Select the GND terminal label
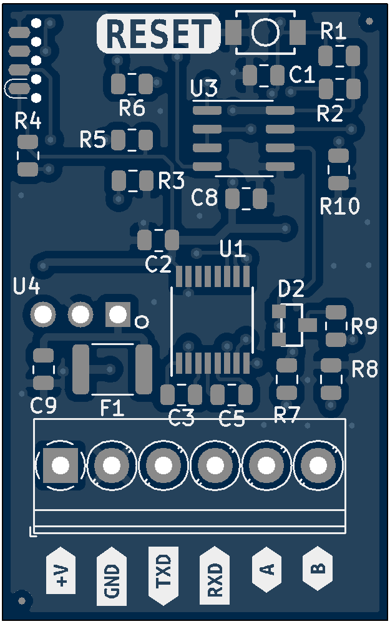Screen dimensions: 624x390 tap(112, 577)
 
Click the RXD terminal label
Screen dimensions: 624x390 tap(214, 577)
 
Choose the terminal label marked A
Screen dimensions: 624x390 tap(266, 569)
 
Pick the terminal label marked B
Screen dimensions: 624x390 tap(318, 569)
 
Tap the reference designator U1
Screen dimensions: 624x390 tap(233, 250)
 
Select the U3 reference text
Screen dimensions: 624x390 tap(204, 89)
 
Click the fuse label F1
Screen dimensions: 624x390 tap(112, 409)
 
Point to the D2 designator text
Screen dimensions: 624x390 tap(291, 289)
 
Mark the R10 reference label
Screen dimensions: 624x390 tap(340, 206)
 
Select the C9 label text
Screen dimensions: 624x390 tap(44, 406)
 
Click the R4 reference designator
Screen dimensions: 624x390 tap(28, 122)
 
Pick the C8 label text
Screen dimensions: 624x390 tap(205, 198)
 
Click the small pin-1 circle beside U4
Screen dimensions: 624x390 tap(142, 322)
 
